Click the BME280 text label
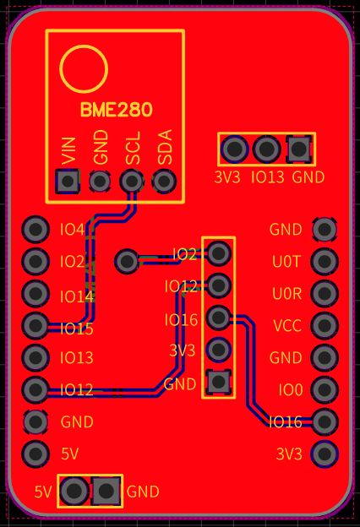click(x=116, y=110)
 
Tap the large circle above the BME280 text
click(x=84, y=68)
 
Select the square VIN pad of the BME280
click(x=68, y=181)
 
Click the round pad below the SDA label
click(x=164, y=181)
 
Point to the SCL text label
click(x=133, y=148)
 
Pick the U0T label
click(x=286, y=262)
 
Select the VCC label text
click(x=286, y=326)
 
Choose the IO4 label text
click(x=73, y=230)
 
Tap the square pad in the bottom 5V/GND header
click(x=106, y=490)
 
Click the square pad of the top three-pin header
click(x=298, y=149)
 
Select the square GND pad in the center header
click(x=219, y=382)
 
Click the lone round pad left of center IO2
click(x=128, y=261)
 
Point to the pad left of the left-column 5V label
click(x=35, y=454)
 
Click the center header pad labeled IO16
click(x=219, y=318)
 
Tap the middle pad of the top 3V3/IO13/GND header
click(x=267, y=149)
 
